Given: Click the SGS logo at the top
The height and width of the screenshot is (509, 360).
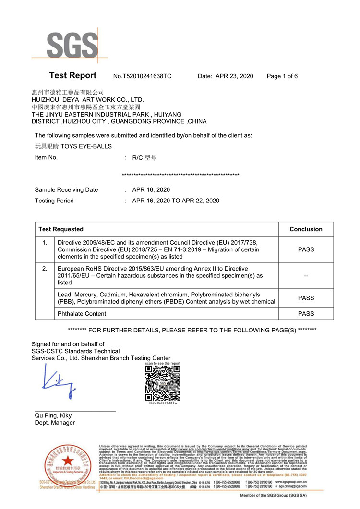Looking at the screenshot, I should [72, 46].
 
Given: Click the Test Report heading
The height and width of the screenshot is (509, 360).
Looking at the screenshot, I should [73, 76].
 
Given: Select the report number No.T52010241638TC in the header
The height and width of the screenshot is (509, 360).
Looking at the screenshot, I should [142, 76].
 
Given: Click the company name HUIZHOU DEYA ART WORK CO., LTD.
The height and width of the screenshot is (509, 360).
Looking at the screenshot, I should [88, 100].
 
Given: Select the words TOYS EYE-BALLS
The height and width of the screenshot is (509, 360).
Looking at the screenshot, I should [86, 146].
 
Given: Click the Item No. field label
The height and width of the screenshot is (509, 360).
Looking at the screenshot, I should [46, 157].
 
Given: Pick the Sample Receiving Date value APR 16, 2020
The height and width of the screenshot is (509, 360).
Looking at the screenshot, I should [151, 190].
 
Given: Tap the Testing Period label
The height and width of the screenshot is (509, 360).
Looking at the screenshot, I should [54, 201].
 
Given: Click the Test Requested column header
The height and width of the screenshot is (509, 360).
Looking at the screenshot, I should [61, 229].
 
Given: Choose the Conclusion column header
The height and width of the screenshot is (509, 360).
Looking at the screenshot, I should [306, 229].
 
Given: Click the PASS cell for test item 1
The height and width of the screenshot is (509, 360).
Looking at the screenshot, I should [306, 249].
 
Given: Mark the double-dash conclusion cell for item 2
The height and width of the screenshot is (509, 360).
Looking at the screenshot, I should [306, 276].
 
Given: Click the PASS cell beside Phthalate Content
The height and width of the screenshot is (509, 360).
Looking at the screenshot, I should [306, 314].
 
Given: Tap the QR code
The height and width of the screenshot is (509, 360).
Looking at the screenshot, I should [162, 383].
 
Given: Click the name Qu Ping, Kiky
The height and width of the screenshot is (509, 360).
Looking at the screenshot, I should [53, 415].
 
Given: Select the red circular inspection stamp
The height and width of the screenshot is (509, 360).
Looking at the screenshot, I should [67, 467].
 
